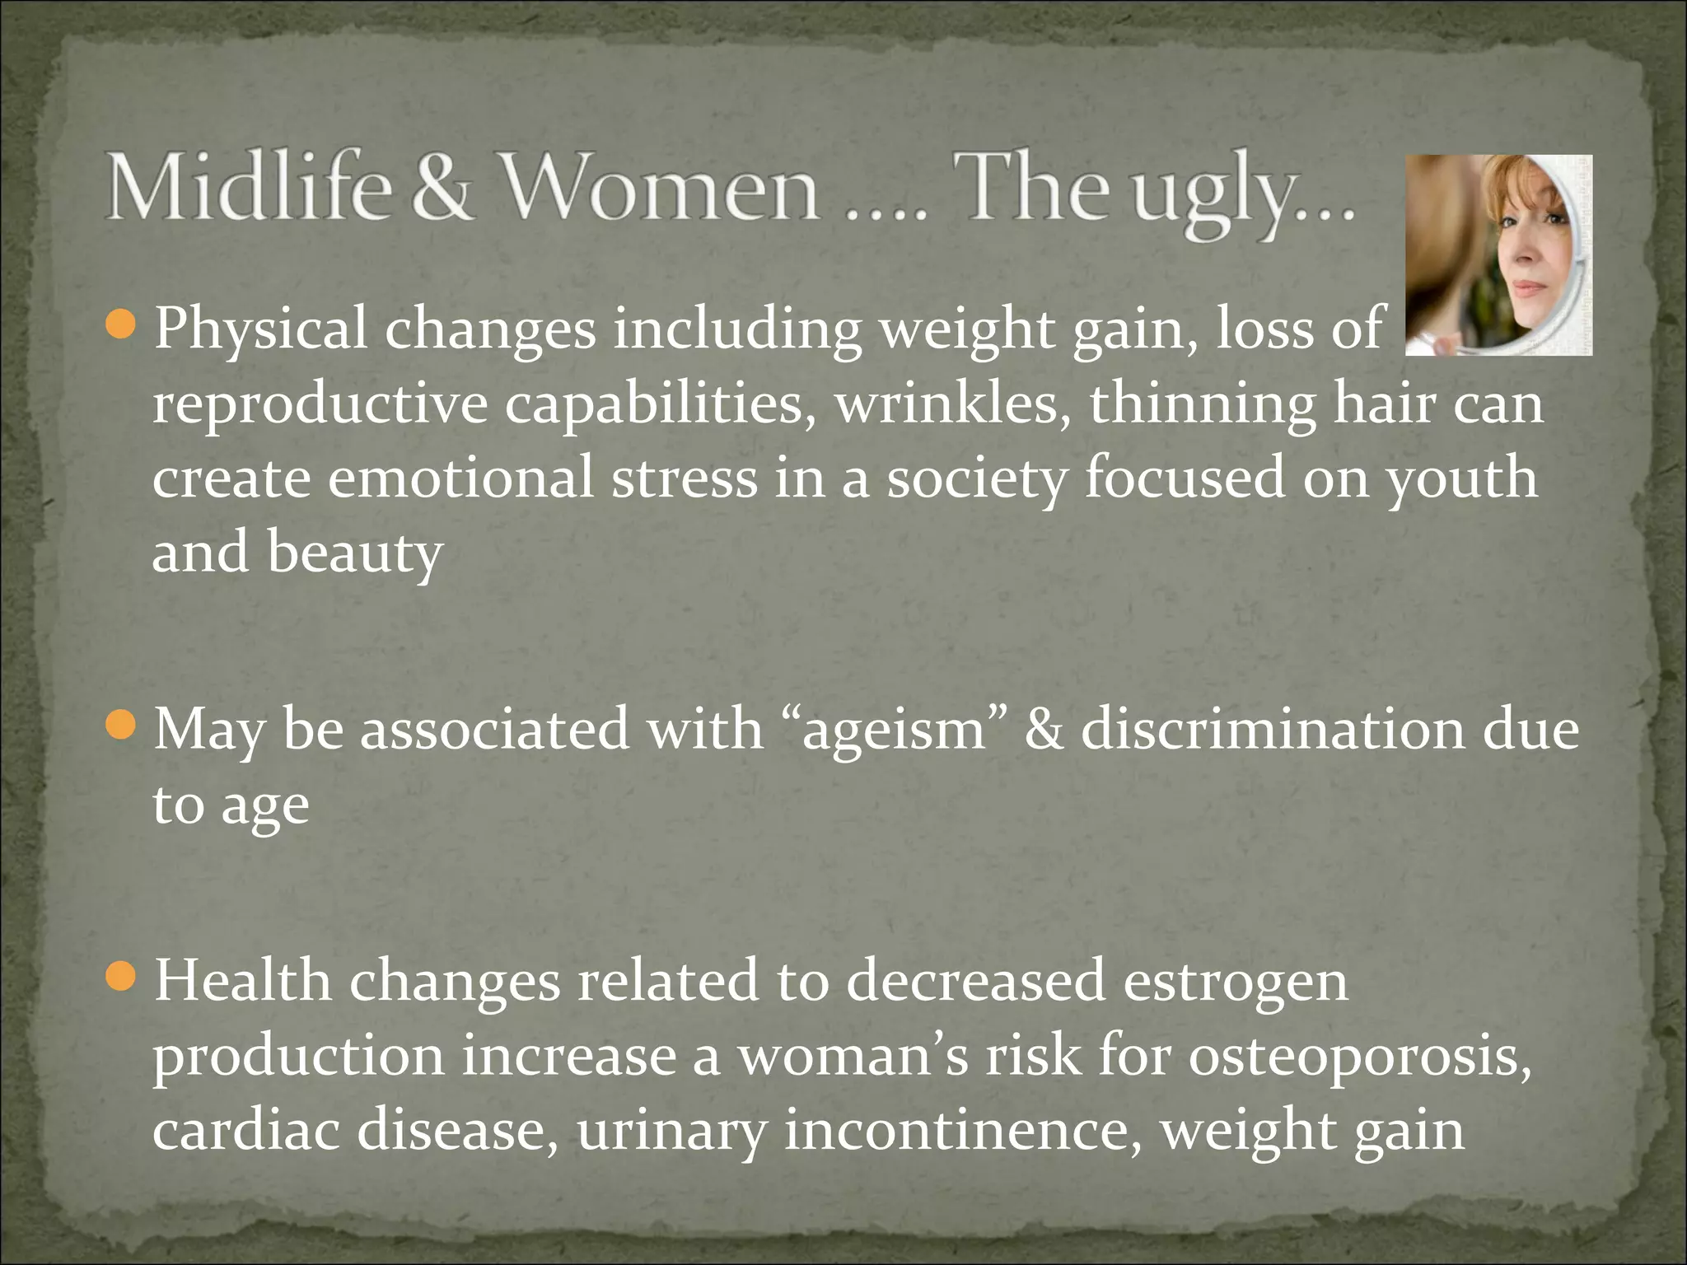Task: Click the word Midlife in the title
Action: click(248, 189)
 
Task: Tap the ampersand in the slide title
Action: click(442, 189)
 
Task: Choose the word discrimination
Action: click(1273, 728)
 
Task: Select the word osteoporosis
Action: click(1359, 1056)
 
